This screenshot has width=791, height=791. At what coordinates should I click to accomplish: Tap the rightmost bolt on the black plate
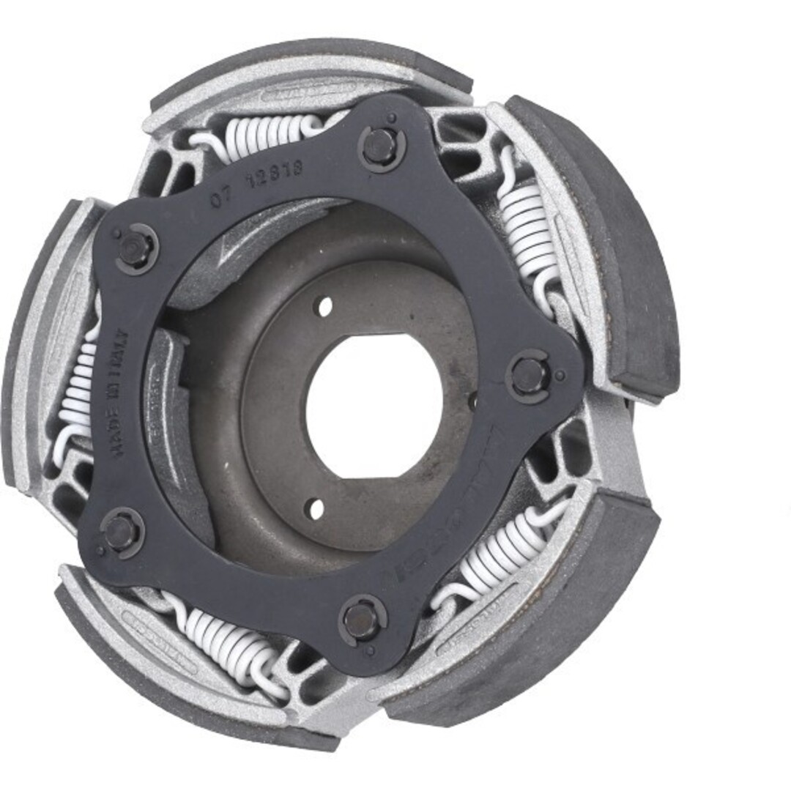pos(527,376)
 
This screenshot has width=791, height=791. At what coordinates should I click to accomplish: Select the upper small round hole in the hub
pos(324,306)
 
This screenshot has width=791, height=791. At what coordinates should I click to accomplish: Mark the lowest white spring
pos(223,637)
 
